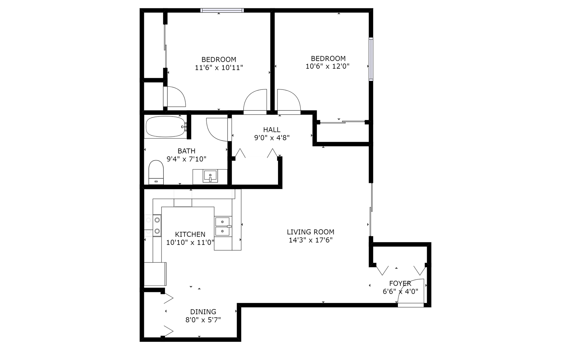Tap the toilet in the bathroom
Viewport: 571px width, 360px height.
pyautogui.click(x=156, y=172)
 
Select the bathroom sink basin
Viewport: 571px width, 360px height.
pyautogui.click(x=210, y=176)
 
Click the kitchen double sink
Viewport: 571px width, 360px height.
pyautogui.click(x=223, y=226)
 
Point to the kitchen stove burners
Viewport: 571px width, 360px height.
pyautogui.click(x=157, y=225)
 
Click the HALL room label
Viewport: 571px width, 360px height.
pyautogui.click(x=272, y=130)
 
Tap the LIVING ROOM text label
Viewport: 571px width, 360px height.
pyautogui.click(x=310, y=232)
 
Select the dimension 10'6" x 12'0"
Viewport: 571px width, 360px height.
pyautogui.click(x=327, y=66)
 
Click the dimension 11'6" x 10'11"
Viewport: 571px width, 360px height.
pyautogui.click(x=219, y=68)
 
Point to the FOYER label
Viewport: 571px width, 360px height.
pyautogui.click(x=400, y=283)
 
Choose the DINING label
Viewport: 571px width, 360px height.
pyautogui.click(x=203, y=312)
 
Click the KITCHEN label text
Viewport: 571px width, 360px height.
pyautogui.click(x=190, y=234)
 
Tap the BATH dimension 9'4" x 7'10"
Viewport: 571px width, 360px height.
pyautogui.click(x=186, y=159)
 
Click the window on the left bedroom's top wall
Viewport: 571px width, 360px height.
pyautogui.click(x=222, y=10)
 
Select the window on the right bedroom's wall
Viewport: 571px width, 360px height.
pyautogui.click(x=371, y=59)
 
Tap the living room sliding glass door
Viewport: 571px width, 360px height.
pyautogui.click(x=371, y=210)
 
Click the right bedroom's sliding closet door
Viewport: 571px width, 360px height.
pyautogui.click(x=342, y=122)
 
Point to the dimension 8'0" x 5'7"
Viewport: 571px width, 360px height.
pyautogui.click(x=203, y=320)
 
